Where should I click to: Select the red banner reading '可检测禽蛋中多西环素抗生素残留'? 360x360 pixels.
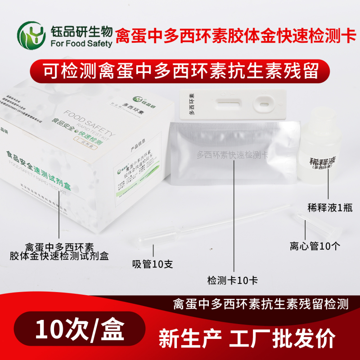click(x=180, y=72)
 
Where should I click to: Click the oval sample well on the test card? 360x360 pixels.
click(x=263, y=106)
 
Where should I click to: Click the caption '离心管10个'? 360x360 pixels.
click(x=315, y=246)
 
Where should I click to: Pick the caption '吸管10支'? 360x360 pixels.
click(x=152, y=264)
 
